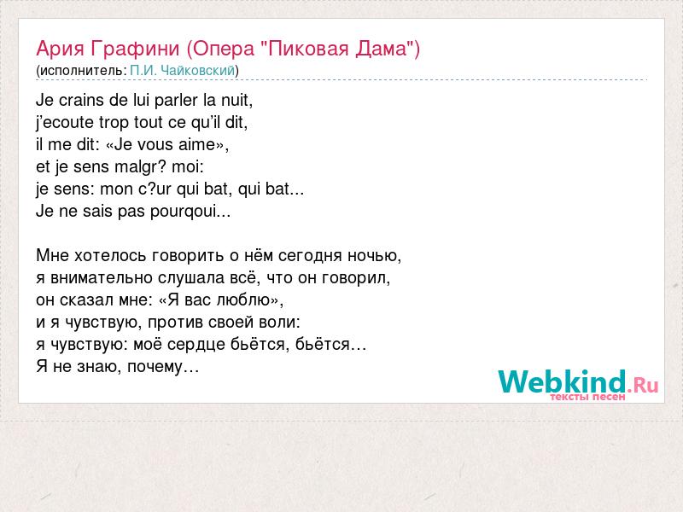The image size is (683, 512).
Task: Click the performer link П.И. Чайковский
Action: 183,71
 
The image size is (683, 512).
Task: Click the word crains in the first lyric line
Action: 82,100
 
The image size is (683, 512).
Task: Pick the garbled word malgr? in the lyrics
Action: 141,167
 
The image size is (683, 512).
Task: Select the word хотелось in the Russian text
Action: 111,255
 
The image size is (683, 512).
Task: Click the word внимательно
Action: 101,278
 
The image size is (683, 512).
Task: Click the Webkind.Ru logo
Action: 578,383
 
